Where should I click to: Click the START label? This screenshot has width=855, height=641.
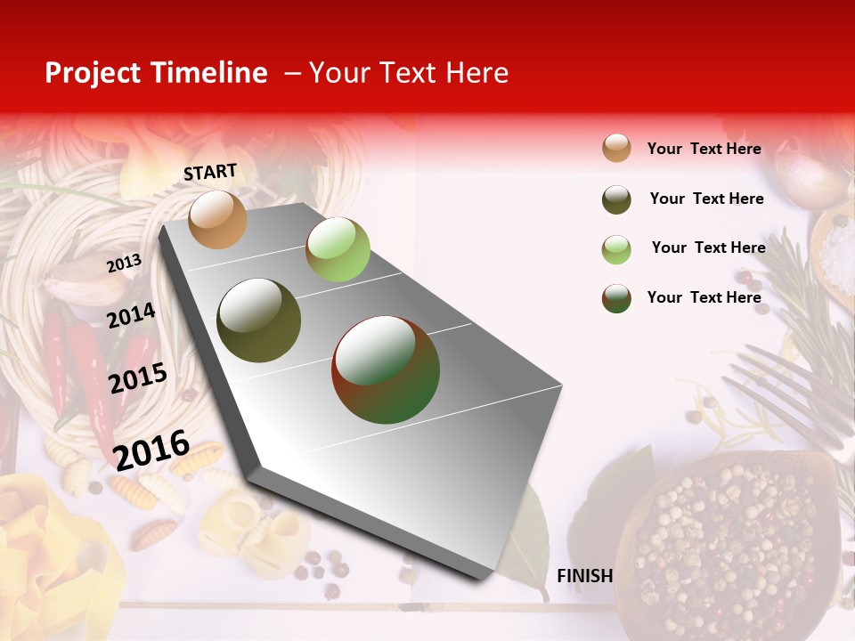pyautogui.click(x=210, y=172)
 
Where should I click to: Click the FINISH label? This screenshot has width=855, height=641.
pyautogui.click(x=584, y=576)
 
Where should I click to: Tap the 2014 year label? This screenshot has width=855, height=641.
pyautogui.click(x=131, y=315)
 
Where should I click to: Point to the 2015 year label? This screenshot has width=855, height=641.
pyautogui.click(x=138, y=377)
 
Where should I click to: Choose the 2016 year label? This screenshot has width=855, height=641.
pyautogui.click(x=151, y=449)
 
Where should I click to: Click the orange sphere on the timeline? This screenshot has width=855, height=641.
pyautogui.click(x=217, y=219)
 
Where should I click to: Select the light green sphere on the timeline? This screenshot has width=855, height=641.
pyautogui.click(x=338, y=248)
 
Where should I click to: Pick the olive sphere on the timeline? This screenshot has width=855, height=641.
pyautogui.click(x=258, y=320)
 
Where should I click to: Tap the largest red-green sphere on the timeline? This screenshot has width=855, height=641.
pyautogui.click(x=386, y=369)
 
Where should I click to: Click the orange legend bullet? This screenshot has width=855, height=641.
pyautogui.click(x=616, y=149)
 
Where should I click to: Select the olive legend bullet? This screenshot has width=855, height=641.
pyautogui.click(x=616, y=199)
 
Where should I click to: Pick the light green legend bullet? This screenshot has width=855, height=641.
pyautogui.click(x=616, y=249)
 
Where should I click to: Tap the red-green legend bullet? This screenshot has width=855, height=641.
pyautogui.click(x=616, y=298)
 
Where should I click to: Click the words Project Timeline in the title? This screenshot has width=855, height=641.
pyautogui.click(x=156, y=73)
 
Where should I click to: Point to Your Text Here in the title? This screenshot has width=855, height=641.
pyautogui.click(x=409, y=73)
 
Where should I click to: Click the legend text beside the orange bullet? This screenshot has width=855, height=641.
pyautogui.click(x=704, y=149)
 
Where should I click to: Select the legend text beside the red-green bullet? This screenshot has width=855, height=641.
pyautogui.click(x=704, y=297)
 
